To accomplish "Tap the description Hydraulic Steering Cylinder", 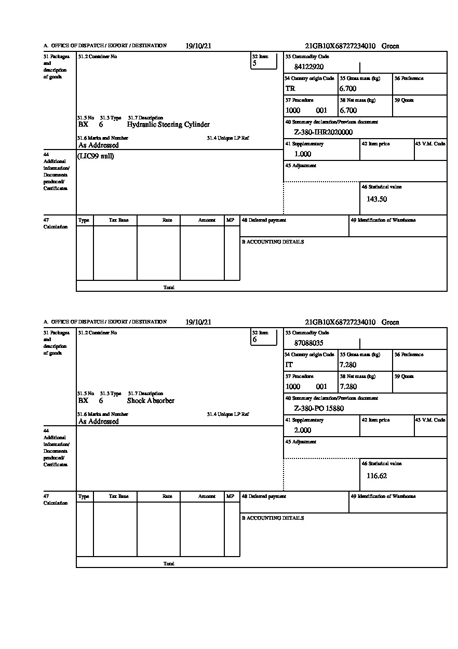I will (168, 125).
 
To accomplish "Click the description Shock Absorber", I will (151, 401).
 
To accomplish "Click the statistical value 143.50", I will (376, 199).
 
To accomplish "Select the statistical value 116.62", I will (376, 475).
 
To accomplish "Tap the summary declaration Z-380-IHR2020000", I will (323, 132).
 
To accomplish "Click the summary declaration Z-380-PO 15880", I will (319, 408).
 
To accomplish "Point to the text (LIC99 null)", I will (96, 156).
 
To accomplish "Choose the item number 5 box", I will (263, 61).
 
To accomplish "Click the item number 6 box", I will (263, 337).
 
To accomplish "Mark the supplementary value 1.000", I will (303, 154).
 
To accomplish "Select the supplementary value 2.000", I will (303, 430).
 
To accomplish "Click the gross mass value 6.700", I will (348, 88).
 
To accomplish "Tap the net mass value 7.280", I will (348, 386).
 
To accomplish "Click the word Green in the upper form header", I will (390, 46).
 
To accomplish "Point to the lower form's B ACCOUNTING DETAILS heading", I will (273, 518).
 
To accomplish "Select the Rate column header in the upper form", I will (167, 220).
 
